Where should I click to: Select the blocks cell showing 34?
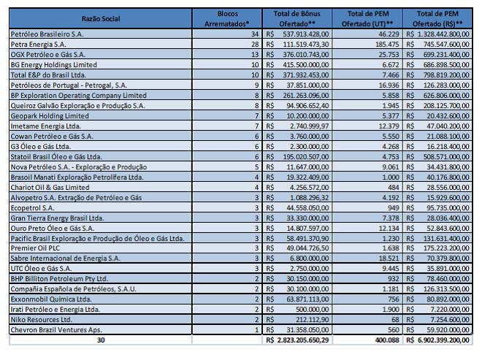[x=254, y=34]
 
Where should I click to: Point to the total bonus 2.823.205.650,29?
[x=299, y=340]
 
